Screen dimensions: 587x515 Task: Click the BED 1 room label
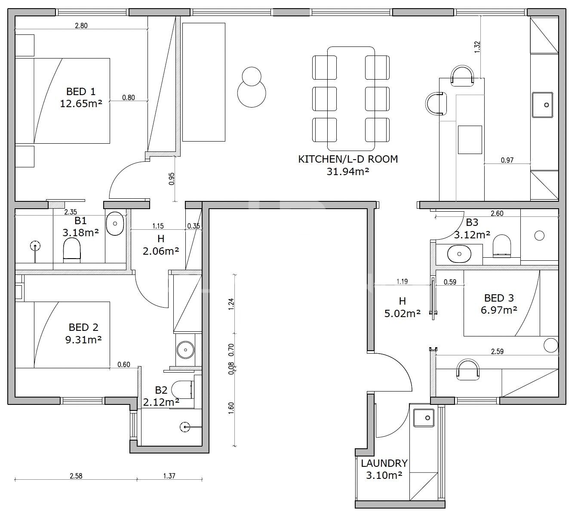point(80,92)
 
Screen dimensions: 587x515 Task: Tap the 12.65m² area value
point(81,104)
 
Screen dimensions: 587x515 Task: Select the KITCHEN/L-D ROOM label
point(347,159)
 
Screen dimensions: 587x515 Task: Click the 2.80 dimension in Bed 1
point(81,25)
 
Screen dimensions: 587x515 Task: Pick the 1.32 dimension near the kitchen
point(477,47)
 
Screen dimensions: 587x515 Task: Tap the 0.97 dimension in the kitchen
point(507,160)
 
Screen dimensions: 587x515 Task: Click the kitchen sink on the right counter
point(542,105)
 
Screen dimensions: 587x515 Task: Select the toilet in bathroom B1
point(71,249)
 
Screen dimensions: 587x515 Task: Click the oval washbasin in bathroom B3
point(459,254)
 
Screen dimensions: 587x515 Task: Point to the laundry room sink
point(423,418)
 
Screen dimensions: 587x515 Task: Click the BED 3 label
point(499,298)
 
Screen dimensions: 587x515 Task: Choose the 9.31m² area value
point(83,339)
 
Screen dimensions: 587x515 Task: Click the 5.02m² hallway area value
point(403,313)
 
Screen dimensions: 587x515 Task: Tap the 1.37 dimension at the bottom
point(169,476)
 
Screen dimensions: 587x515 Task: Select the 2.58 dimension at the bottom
point(76,476)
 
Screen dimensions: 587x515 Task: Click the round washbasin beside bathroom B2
point(185,349)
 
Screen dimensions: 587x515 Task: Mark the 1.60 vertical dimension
point(231,408)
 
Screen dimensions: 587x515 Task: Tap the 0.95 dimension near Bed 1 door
point(172,179)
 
